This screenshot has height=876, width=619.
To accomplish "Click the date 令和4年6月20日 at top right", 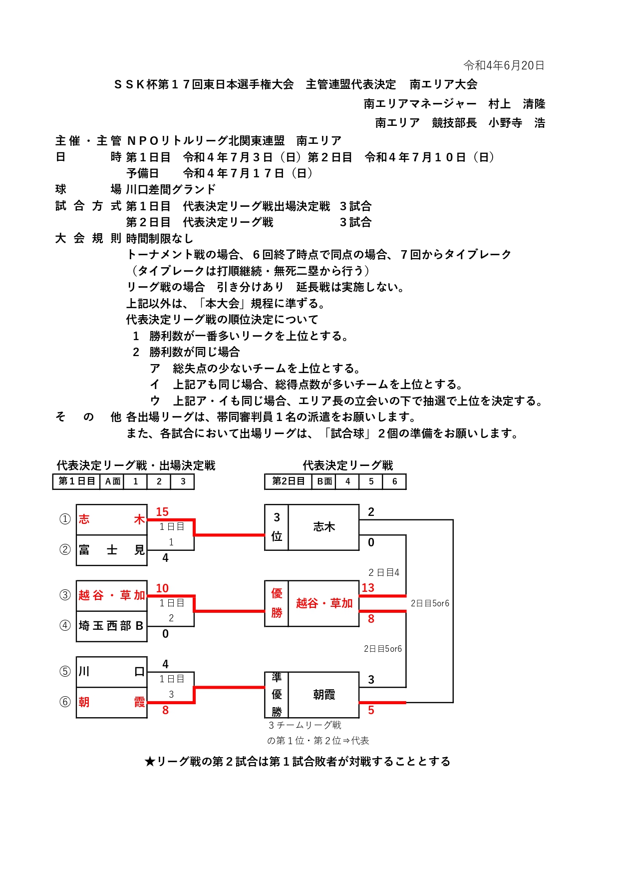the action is click(x=504, y=65).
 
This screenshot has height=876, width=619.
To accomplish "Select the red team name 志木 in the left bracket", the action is click(x=112, y=519).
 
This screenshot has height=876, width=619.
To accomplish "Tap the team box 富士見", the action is click(x=112, y=550).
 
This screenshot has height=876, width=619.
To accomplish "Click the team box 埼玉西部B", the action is click(x=112, y=626).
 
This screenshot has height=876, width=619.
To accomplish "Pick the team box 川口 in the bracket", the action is click(x=112, y=672).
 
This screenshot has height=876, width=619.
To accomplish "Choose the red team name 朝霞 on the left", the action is click(x=112, y=702).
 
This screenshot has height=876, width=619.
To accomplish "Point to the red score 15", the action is click(x=162, y=512).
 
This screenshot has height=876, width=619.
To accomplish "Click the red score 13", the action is click(x=368, y=588).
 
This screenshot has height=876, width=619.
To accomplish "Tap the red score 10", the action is click(x=162, y=588).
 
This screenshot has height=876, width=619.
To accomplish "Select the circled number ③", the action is click(x=65, y=595).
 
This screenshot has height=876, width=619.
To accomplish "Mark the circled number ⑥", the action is click(x=65, y=702).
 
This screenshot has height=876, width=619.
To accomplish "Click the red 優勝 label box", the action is click(x=277, y=603).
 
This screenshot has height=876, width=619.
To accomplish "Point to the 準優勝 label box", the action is click(x=277, y=695).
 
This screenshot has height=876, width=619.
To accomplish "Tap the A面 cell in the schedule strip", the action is click(x=112, y=481).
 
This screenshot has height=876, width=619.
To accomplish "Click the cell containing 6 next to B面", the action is click(x=394, y=481).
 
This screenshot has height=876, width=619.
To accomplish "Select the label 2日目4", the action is click(x=384, y=573).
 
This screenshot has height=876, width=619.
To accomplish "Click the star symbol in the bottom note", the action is click(x=150, y=762).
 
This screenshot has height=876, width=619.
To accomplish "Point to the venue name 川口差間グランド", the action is click(x=171, y=189).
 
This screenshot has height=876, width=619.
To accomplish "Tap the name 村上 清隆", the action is click(x=517, y=104).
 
